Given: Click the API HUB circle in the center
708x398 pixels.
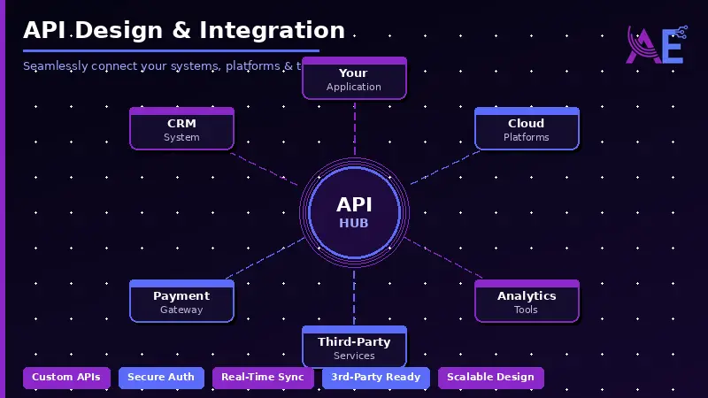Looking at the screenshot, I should coord(354,213).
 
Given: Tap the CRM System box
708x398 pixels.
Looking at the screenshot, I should coord(181,129).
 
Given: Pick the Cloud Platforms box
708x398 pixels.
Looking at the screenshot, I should coord(527,129).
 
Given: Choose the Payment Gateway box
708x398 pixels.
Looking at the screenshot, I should coord(181,302).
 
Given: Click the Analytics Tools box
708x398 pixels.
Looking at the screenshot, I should coord(527,302).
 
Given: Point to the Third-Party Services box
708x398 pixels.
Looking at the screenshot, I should coord(354,348).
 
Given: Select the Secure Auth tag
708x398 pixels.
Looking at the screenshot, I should coord(161,378).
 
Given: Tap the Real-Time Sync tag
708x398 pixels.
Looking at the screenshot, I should coord(263,378).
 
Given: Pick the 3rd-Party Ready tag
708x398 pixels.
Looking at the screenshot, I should coord(375,378).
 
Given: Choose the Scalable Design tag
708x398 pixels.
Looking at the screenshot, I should coord(490,378).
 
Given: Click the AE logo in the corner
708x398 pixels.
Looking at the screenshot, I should coord(656,45).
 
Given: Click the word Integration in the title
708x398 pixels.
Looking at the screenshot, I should coord(272,30).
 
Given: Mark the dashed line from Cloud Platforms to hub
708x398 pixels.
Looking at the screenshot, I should coord(445,167).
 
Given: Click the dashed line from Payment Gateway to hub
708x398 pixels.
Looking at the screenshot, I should coord(264,259).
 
